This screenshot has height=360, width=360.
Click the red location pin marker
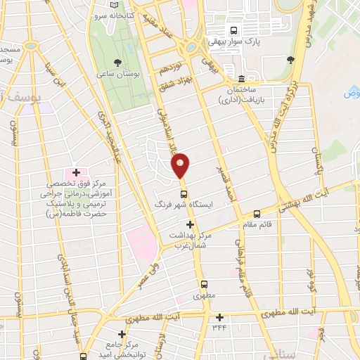(181, 165)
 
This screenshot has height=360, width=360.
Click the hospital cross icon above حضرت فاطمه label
(76, 172)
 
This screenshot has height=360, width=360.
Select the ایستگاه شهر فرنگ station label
(184, 205)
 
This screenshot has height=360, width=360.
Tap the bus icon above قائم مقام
(257, 214)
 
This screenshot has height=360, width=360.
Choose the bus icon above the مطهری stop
(204, 285)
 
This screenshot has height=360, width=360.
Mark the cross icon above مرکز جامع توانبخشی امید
(122, 335)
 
